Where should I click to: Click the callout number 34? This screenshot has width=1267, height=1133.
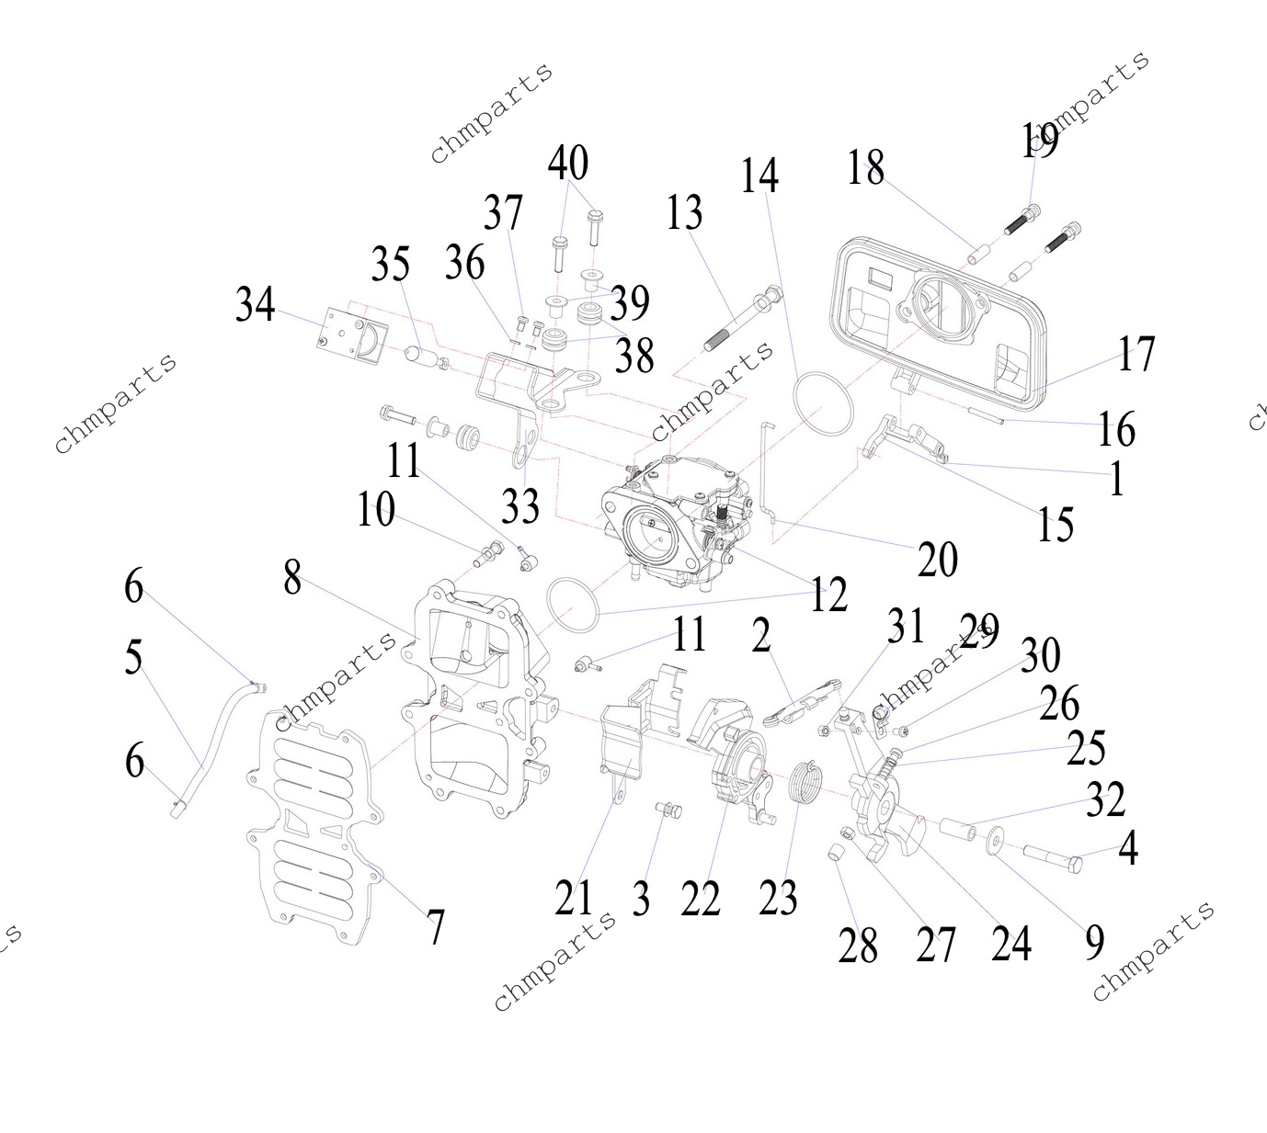point(255,304)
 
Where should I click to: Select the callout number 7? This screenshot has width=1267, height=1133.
point(436,927)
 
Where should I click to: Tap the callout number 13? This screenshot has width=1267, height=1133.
point(684,213)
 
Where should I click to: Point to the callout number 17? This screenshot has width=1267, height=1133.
point(1136,354)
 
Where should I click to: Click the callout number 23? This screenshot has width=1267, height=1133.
point(778,897)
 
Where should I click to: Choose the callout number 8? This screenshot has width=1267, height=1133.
point(292,578)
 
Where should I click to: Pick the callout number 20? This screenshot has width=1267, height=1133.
point(938,559)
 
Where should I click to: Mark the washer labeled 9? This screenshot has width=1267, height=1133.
point(997,844)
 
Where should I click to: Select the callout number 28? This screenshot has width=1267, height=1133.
point(858,945)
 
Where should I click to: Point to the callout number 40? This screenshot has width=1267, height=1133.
point(568,163)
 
